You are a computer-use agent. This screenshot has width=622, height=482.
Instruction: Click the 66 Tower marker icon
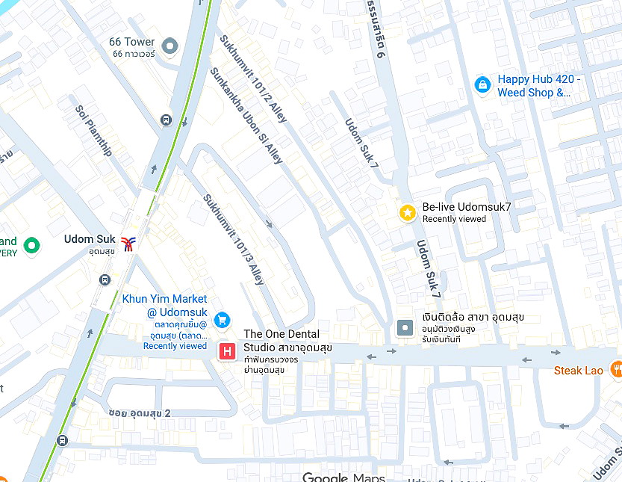[x=170, y=47]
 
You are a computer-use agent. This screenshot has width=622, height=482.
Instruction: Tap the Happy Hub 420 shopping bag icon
[x=483, y=85]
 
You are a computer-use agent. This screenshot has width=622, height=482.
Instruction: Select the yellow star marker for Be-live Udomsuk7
[x=407, y=213]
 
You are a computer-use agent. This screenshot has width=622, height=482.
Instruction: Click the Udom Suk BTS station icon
[x=128, y=243]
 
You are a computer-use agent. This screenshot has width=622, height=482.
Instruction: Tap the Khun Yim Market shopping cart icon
[x=222, y=320]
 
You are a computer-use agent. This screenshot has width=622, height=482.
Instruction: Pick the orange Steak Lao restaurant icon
[x=615, y=368]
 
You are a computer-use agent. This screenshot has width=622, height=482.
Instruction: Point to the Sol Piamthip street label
[x=93, y=131]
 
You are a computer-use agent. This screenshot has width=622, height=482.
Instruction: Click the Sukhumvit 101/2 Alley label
[x=253, y=78]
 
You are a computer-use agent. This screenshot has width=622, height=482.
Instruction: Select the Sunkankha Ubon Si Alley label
[x=246, y=116]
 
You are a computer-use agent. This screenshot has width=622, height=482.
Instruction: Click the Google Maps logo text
[x=343, y=477]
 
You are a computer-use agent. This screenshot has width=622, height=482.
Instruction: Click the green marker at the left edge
[x=31, y=244]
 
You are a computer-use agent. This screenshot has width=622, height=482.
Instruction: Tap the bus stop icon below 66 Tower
[x=166, y=120]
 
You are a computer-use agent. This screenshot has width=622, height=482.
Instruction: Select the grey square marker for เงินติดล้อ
[x=405, y=327]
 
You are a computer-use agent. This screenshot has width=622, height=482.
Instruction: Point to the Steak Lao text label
[x=578, y=371]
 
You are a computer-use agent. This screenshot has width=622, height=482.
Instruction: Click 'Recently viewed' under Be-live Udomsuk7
[x=454, y=220]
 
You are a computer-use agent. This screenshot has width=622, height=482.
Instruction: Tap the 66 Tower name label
[x=131, y=42]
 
